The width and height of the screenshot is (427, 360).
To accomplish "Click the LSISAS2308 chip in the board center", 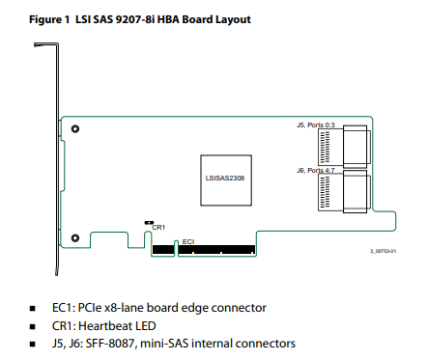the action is tap(226, 180).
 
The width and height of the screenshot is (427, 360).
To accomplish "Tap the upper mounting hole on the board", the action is tap(75, 129).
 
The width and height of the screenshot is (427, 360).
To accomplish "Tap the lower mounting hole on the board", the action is tap(75, 238).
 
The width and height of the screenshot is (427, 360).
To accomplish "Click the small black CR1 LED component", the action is tap(149, 223).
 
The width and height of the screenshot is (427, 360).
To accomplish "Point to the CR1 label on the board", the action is tap(158, 228).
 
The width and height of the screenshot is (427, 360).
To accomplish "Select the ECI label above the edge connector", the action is tap(188, 241).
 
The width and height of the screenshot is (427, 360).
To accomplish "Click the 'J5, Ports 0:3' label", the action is tap(316, 125).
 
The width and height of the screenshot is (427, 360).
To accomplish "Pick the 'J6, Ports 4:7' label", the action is tap(316, 171).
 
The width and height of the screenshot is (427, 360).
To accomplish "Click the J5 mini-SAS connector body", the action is tap(344, 147).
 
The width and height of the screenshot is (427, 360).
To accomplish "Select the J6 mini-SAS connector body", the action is tap(344, 191).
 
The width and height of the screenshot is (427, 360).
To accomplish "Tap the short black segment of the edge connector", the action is tap(163, 249).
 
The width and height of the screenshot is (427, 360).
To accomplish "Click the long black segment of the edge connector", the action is tap(216, 249).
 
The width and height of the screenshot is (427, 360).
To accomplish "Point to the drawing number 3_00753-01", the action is tap(383, 251).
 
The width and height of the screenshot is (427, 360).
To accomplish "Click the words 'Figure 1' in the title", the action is tap(49, 19).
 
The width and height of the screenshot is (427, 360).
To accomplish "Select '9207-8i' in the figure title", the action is tap(135, 19).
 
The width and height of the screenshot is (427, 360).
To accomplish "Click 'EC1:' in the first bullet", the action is tap(64, 308).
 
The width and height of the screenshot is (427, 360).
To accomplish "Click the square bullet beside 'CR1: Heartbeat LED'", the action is tap(33, 326).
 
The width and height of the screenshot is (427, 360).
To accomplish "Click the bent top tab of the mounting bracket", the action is tap(46, 44).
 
